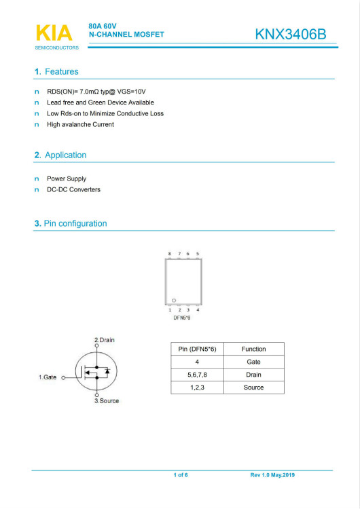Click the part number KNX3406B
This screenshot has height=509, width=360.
(x=295, y=35)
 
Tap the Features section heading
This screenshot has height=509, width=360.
(x=56, y=72)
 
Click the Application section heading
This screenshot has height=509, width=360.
(x=60, y=155)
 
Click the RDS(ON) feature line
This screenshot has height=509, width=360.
(x=96, y=91)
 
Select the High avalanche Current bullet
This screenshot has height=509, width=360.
(x=80, y=125)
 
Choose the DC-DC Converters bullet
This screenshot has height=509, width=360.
(x=73, y=190)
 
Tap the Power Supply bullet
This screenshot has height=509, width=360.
(x=67, y=179)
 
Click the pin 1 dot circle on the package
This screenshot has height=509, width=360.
(x=175, y=300)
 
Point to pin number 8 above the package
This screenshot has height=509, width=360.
(x=170, y=254)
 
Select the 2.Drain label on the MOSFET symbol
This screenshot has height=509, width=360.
(x=105, y=339)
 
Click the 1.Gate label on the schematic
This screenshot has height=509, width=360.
(x=47, y=377)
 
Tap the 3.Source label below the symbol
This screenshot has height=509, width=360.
(x=106, y=401)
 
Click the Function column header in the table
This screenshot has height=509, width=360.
(x=253, y=349)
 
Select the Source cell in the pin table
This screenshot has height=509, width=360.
(x=253, y=388)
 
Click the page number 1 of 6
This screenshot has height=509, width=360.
(x=181, y=475)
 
